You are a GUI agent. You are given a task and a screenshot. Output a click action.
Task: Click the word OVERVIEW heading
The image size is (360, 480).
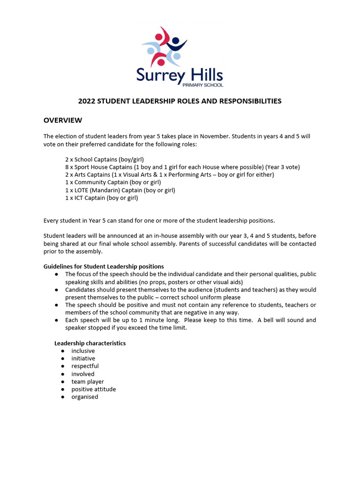pos(63,120)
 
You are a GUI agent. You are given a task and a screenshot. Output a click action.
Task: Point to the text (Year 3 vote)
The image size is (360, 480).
pos(282,167)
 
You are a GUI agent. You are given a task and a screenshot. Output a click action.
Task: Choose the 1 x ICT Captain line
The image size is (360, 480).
pos(102,198)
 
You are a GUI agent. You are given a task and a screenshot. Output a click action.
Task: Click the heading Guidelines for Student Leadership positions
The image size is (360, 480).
pos(104,266)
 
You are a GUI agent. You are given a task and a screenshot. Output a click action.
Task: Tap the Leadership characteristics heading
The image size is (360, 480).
pos(90,343)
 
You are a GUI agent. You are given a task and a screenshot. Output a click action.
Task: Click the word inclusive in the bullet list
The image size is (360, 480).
pos(83,351)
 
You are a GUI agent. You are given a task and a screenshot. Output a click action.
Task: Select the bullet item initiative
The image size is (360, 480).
pos(83,359)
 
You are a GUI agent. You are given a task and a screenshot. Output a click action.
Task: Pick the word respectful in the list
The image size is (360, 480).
pos(85,366)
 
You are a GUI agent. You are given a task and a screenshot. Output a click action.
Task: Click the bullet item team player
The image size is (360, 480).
pos(88,382)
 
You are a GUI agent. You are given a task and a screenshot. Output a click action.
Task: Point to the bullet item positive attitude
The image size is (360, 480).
pos(93,389)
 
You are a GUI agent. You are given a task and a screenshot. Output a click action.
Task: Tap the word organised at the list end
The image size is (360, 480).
pos(85,397)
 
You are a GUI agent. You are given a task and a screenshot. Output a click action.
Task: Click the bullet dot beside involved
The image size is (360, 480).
pos(63,374)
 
